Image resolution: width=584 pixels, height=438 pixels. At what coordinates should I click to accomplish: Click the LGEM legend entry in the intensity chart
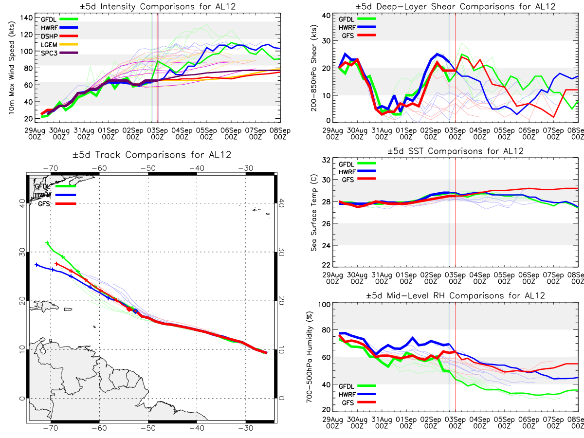[59, 45]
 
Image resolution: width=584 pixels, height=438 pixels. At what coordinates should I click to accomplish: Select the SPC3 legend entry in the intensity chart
[59, 53]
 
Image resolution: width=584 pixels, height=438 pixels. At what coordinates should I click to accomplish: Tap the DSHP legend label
[49, 36]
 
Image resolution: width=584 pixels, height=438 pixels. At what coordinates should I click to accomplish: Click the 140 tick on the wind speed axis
[26, 18]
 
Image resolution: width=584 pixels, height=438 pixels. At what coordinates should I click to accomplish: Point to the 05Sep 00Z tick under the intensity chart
[206, 134]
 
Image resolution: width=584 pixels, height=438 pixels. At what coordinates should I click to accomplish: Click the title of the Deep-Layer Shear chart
[455, 6]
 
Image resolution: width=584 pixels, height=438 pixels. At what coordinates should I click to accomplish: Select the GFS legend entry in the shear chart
[359, 36]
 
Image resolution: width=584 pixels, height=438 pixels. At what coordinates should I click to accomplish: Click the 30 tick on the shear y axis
[326, 41]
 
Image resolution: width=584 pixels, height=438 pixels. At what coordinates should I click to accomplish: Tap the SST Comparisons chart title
[455, 151]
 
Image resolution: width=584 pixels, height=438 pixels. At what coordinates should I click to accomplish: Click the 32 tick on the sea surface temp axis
[326, 160]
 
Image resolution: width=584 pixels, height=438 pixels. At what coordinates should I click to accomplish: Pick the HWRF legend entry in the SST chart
[357, 172]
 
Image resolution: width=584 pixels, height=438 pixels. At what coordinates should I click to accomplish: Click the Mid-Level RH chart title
[455, 295]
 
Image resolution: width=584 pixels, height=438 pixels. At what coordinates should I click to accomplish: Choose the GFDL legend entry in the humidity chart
[357, 386]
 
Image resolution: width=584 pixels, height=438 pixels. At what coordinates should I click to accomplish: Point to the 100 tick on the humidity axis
[324, 305]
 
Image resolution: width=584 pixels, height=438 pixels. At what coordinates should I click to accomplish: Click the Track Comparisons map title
[152, 154]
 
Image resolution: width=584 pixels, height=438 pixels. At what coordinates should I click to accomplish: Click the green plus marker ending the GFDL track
[47, 243]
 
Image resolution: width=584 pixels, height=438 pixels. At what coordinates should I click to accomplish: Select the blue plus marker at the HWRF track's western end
[36, 265]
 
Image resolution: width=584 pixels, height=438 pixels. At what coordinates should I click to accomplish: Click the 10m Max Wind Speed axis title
[12, 68]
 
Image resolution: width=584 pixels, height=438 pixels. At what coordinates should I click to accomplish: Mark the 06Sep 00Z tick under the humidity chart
[529, 422]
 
